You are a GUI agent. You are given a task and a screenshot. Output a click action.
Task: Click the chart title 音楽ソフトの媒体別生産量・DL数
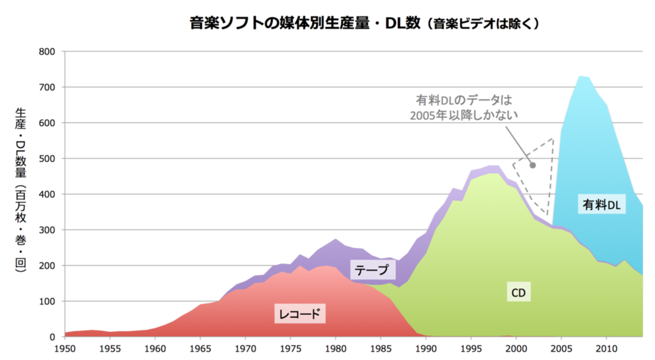click(x=304, y=24)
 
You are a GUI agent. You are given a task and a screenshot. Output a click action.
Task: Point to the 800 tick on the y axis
click(x=50, y=51)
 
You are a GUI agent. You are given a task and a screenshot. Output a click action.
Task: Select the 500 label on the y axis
click(x=50, y=159)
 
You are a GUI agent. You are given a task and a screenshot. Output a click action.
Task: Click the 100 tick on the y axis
click(x=50, y=301)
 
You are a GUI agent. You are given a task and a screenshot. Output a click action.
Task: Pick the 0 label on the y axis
click(x=55, y=337)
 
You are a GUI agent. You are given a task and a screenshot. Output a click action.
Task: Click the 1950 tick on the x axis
click(x=65, y=348)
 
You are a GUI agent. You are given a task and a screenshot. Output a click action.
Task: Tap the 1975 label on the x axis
click(x=290, y=348)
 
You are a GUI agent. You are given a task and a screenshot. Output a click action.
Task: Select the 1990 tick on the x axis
click(x=426, y=348)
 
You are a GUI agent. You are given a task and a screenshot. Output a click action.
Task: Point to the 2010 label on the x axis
click(x=606, y=348)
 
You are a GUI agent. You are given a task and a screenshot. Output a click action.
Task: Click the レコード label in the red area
click(x=300, y=314)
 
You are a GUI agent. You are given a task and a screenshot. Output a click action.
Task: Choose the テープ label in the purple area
click(x=372, y=270)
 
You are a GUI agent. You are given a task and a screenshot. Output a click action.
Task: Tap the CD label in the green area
click(x=518, y=292)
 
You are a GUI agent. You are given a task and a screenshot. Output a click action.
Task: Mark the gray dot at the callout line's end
click(x=532, y=165)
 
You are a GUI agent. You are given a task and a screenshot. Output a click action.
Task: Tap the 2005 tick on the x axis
click(x=561, y=348)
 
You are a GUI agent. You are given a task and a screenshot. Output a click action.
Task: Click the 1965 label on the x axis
click(x=200, y=348)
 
